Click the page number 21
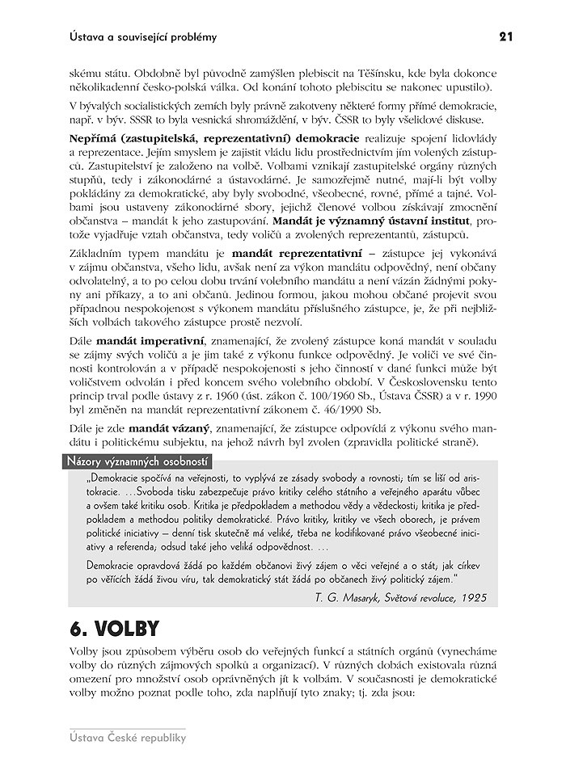[x=506, y=36]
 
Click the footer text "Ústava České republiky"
[x=128, y=737]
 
